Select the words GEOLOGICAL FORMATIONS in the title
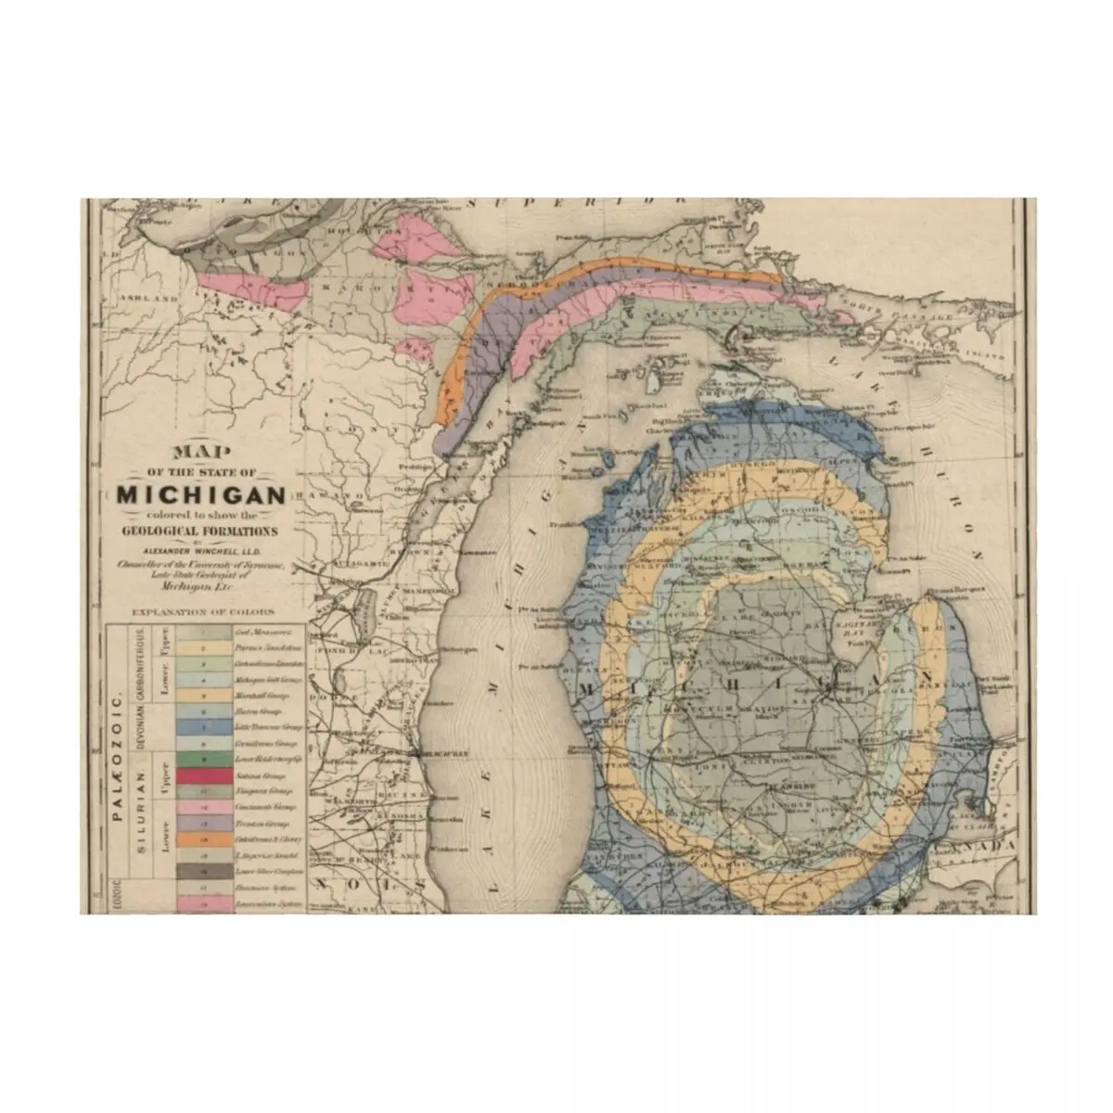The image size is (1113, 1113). [198, 531]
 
